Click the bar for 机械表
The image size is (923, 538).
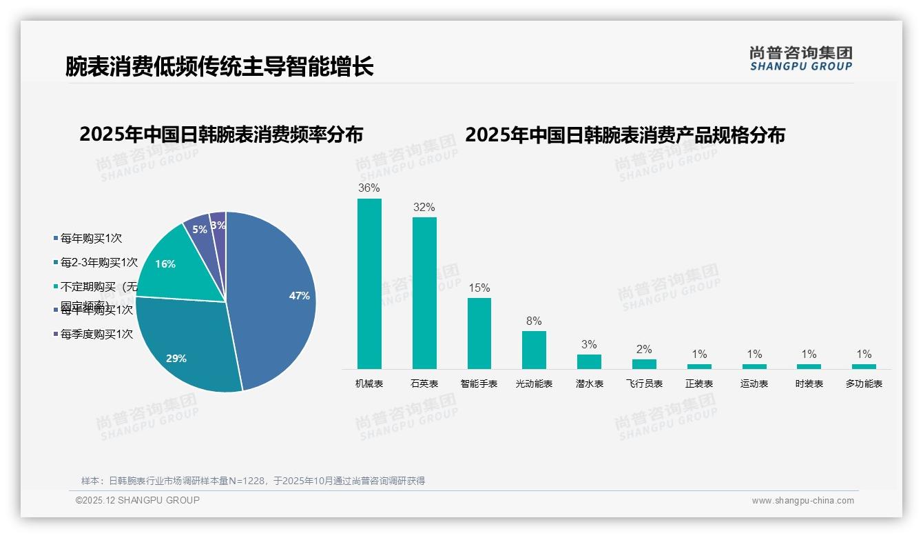point(369,283)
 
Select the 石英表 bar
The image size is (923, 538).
point(424,293)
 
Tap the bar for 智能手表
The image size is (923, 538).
point(479,333)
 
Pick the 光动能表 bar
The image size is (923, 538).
point(534,350)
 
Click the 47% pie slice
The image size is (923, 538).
point(276,297)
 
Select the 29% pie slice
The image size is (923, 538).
point(183,345)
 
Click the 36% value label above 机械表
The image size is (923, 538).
point(369,188)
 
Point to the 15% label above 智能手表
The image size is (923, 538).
point(479,288)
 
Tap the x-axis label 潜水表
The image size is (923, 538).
point(589,383)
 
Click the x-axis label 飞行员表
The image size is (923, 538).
point(644,383)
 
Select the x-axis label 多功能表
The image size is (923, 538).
point(864,383)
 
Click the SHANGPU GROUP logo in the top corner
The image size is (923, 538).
point(800,59)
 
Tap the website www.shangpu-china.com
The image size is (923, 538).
point(802,501)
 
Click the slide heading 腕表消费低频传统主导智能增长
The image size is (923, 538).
point(219,66)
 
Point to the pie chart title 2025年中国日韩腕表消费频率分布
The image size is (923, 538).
point(221,134)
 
